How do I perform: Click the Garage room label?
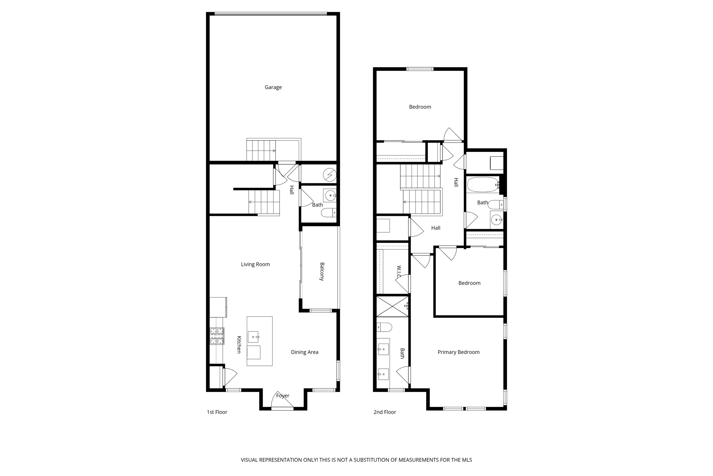pos(273,87)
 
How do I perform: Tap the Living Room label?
pos(255,264)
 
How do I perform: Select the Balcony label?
pos(322,271)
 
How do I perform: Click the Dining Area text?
pos(305,352)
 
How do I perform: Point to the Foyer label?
pos(283,396)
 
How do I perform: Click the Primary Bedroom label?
pos(459,352)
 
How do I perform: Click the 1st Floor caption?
pos(217,412)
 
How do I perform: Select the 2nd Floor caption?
pos(385,412)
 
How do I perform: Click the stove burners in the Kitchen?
pos(217,336)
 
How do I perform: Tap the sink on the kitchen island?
pos(253,337)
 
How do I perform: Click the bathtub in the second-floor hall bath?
pos(483,185)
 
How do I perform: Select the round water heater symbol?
pos(329,175)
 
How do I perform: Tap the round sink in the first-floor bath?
pos(330,195)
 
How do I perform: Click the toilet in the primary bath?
pos(384,327)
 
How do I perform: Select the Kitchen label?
pos(239,344)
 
